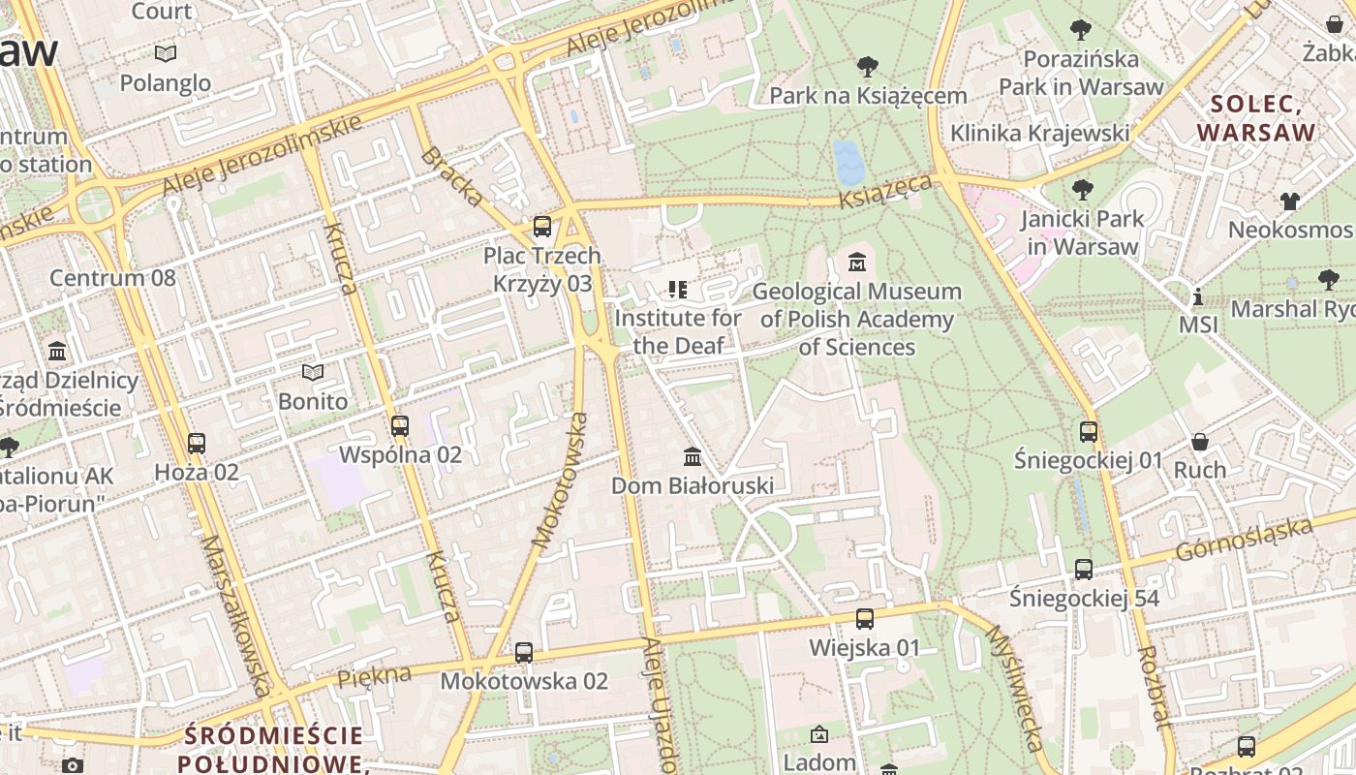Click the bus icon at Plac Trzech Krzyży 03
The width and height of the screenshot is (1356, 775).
(x=542, y=227)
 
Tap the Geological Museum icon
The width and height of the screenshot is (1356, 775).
(x=856, y=262)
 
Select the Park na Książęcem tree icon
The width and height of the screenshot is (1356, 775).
(x=868, y=66)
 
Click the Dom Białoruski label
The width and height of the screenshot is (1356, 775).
(x=692, y=485)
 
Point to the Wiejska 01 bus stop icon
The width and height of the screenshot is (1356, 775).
(x=864, y=618)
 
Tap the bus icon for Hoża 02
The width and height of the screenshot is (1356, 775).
(x=197, y=443)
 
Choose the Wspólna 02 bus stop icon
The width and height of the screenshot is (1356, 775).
(x=399, y=425)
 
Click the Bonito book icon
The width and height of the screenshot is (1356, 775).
(x=312, y=372)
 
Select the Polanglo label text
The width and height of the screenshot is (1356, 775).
(x=165, y=83)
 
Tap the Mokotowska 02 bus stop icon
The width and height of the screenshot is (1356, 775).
(x=524, y=652)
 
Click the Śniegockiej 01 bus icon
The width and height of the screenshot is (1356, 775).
(x=1089, y=431)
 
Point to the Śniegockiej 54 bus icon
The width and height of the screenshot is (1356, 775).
(x=1084, y=570)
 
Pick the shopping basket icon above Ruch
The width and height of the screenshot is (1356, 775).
(x=1200, y=441)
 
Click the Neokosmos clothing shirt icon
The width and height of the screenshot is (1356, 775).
(x=1289, y=201)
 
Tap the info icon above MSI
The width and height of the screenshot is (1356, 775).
(x=1198, y=295)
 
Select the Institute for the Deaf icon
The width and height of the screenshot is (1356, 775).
(x=678, y=289)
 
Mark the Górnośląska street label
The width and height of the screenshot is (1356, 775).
(x=1245, y=539)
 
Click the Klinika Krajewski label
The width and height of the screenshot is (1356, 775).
(x=1039, y=133)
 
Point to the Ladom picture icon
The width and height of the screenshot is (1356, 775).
(x=819, y=734)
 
